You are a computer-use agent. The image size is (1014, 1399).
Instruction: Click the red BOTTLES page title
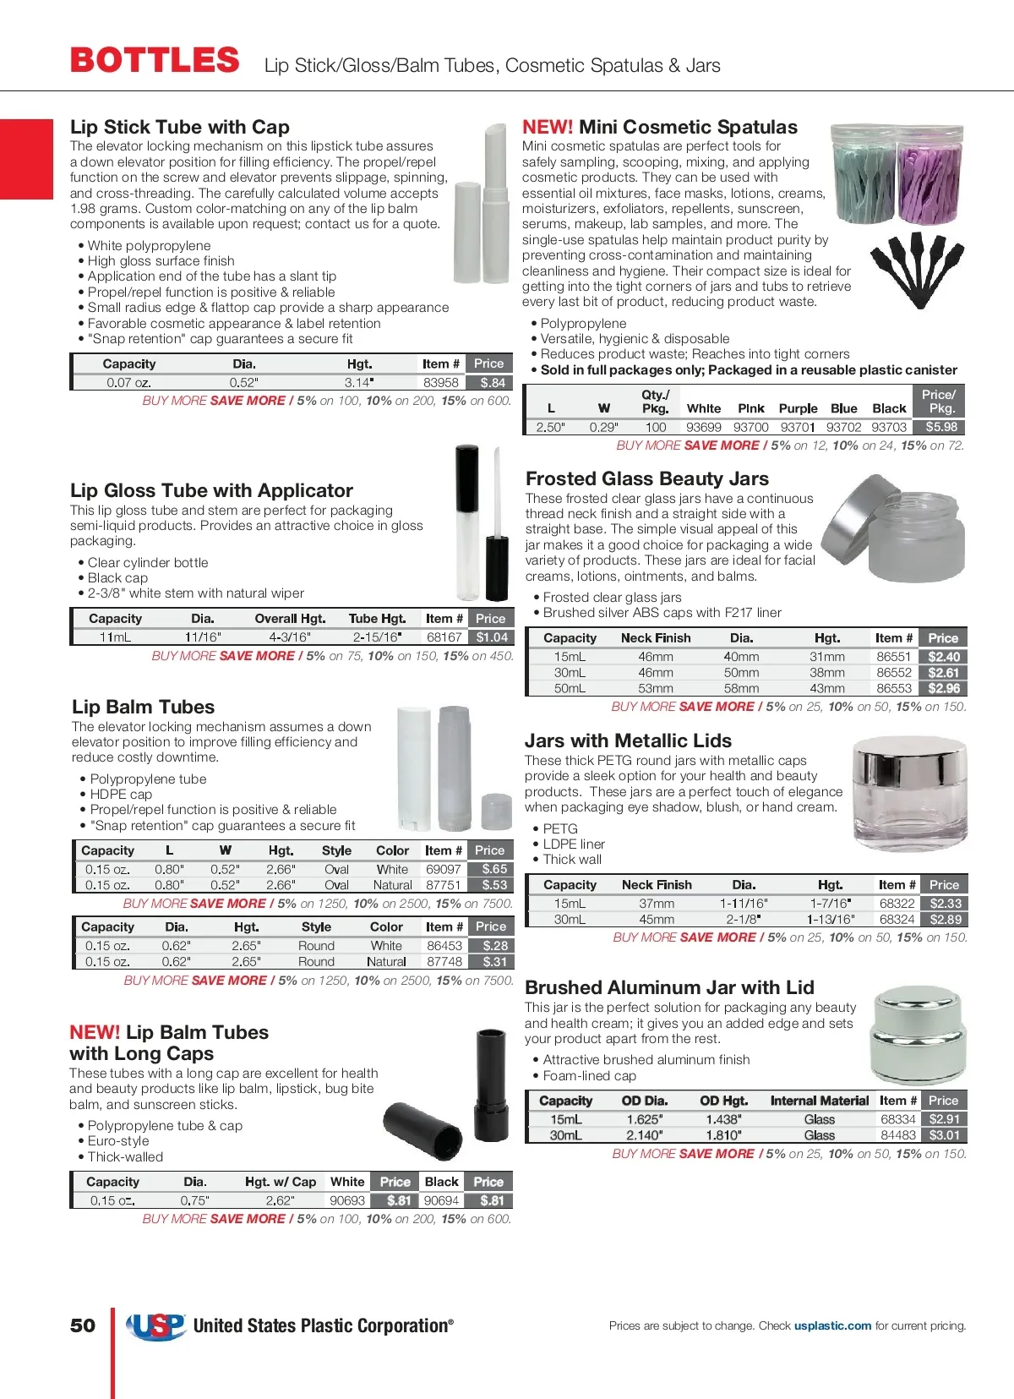(x=155, y=61)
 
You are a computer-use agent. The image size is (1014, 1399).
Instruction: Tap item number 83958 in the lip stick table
(x=440, y=382)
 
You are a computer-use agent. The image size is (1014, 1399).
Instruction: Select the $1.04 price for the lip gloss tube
(x=492, y=637)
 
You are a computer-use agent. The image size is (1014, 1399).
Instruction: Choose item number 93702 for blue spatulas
(x=843, y=428)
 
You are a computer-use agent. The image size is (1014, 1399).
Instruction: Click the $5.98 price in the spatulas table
(x=941, y=428)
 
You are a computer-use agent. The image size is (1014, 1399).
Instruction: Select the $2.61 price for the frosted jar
(x=943, y=673)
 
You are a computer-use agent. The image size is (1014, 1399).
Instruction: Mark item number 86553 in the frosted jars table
(x=894, y=689)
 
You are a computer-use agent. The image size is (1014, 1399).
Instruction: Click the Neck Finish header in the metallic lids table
(x=657, y=885)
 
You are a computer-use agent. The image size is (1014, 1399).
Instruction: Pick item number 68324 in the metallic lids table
(x=897, y=920)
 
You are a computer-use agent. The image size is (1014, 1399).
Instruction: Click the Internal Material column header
(x=819, y=1101)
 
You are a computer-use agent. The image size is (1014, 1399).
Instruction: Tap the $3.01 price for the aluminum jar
(x=944, y=1135)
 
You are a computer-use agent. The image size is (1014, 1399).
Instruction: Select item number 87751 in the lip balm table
(x=444, y=885)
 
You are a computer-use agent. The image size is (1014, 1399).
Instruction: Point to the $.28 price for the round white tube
(x=494, y=946)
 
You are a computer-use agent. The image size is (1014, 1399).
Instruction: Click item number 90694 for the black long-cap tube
(x=441, y=1200)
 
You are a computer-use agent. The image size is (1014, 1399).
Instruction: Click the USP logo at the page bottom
(x=156, y=1326)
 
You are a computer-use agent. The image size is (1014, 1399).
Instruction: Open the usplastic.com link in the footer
(x=832, y=1325)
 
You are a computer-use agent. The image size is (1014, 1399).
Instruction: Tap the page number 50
(x=83, y=1325)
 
